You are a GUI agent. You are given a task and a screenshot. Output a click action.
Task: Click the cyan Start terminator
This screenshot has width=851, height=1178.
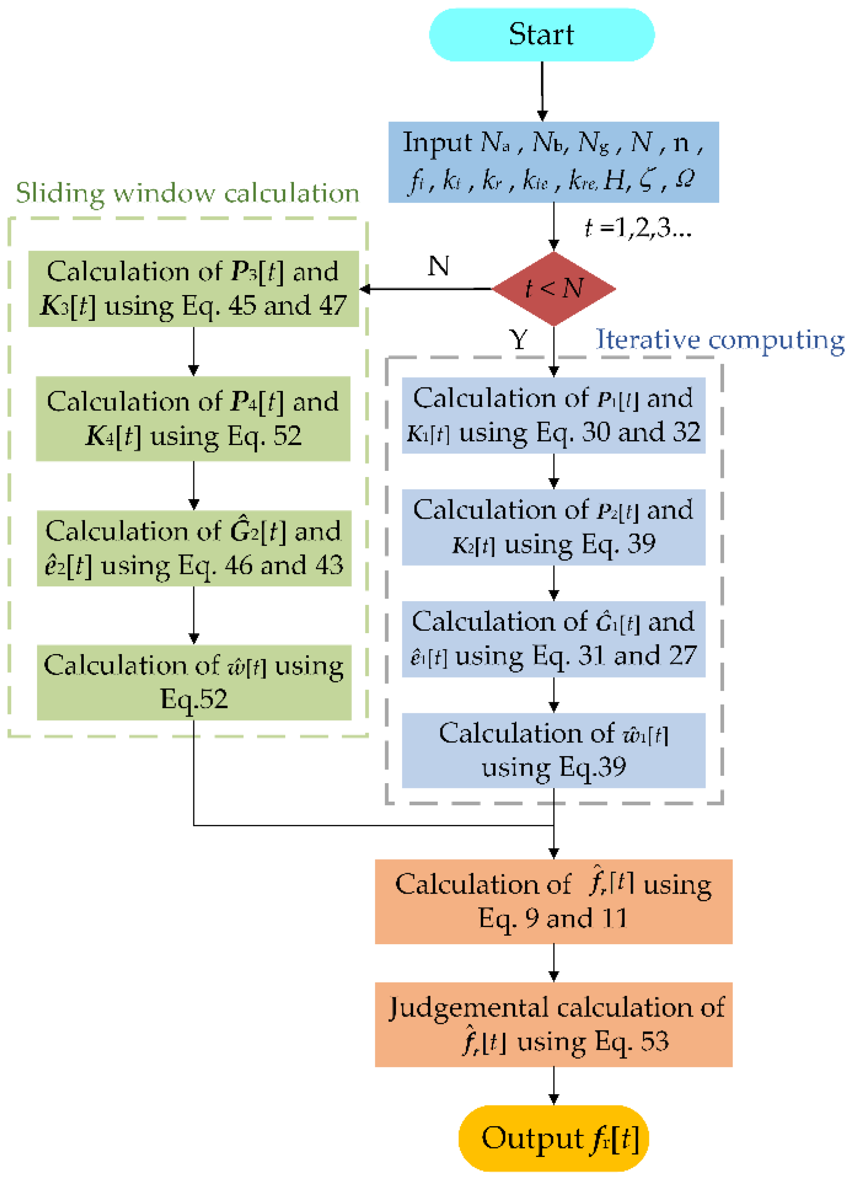point(541,35)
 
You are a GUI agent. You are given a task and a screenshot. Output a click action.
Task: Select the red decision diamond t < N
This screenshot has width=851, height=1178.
point(554,289)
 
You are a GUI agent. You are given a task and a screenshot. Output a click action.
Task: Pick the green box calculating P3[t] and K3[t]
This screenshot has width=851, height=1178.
point(193,289)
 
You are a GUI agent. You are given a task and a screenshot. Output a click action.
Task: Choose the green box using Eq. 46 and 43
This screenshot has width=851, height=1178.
point(193,548)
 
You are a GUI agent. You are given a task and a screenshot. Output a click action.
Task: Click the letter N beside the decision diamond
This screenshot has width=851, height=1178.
point(438,266)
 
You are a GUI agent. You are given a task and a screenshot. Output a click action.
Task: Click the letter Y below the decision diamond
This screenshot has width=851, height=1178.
point(518,340)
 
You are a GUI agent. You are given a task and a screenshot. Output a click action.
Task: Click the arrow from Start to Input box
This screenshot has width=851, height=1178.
point(542,91)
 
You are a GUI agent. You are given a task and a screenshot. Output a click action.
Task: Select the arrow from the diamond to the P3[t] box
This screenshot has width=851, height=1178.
point(425,289)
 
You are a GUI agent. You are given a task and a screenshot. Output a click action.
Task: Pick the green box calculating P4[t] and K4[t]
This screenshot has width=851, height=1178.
point(193,419)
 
